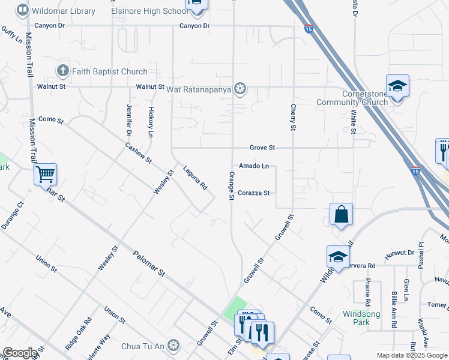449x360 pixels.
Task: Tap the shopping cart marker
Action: (x=45, y=175)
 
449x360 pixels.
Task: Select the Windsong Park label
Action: (x=361, y=318)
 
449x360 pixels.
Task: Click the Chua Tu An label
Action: (x=142, y=346)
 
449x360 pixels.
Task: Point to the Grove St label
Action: (x=262, y=148)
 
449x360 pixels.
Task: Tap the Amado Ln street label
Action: (x=254, y=166)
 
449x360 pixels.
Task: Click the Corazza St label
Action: (x=256, y=193)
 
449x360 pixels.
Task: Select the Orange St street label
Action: (x=231, y=185)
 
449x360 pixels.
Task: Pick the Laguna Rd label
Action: (x=195, y=178)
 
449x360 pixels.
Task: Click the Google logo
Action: (x=20, y=353)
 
